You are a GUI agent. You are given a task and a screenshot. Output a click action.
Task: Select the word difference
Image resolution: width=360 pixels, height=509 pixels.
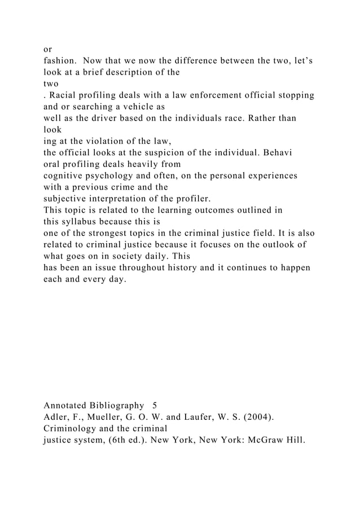click(189, 60)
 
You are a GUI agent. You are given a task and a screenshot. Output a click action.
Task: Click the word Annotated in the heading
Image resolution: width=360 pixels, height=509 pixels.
click(65, 406)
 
